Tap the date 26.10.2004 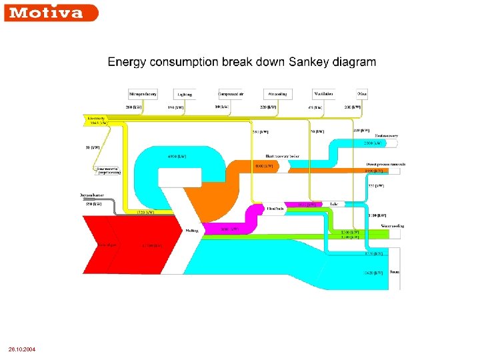tap(22, 349)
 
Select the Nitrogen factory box tap(143, 94)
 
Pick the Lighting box tap(185, 94)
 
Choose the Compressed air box tap(233, 94)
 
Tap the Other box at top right tap(361, 94)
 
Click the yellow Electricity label tap(97, 121)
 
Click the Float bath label tap(275, 209)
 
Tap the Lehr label tap(334, 203)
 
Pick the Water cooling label tap(393, 226)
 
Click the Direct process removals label tap(386, 164)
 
